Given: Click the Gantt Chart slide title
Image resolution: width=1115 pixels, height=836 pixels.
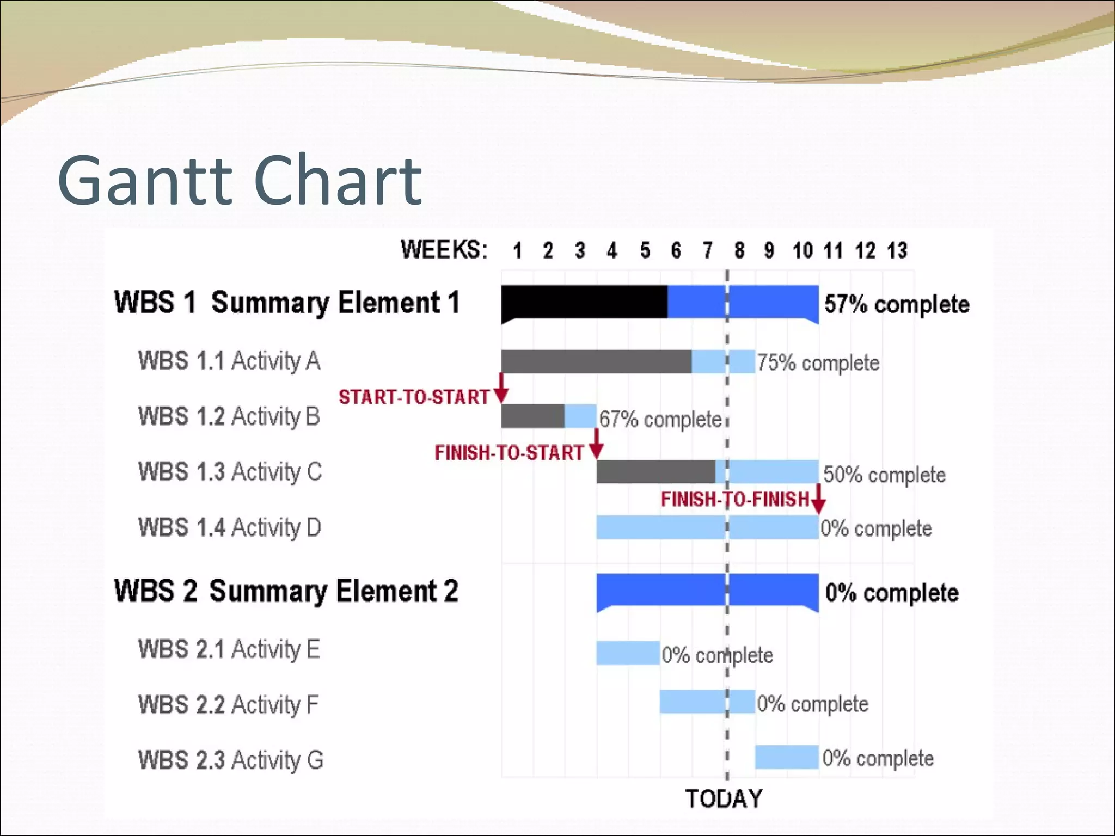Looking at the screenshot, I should click(x=240, y=181).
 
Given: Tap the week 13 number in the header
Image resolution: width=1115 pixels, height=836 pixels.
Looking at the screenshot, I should click(x=897, y=251).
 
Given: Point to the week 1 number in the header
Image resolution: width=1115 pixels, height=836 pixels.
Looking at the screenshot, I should click(x=517, y=251).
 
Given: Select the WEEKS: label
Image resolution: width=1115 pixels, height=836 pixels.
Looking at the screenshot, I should click(x=444, y=250).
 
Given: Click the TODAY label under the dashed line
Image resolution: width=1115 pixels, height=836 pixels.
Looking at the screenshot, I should click(x=724, y=798).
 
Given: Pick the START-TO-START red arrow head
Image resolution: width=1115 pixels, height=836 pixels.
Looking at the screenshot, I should click(x=501, y=395).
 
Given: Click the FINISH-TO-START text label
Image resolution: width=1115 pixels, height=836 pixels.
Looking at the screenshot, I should click(x=509, y=453).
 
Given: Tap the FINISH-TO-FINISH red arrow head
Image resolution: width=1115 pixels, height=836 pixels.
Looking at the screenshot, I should click(x=818, y=507).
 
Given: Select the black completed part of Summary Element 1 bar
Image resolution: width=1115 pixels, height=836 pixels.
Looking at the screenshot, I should click(x=584, y=302).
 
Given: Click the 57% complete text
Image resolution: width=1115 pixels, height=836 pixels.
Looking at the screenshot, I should click(x=897, y=304).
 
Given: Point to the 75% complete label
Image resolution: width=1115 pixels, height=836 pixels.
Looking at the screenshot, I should click(x=818, y=363).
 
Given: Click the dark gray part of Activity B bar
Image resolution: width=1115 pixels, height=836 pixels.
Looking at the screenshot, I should click(x=532, y=416).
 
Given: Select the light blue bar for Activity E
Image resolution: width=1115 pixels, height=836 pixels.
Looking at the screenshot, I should click(x=628, y=653).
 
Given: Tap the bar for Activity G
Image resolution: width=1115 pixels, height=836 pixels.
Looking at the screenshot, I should click(x=787, y=757).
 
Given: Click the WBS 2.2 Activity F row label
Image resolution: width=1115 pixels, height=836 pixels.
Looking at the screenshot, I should click(x=228, y=705).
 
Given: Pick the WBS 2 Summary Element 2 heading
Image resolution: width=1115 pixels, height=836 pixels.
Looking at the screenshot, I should click(x=286, y=592).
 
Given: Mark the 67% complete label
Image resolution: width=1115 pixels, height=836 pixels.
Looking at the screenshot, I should click(x=660, y=420).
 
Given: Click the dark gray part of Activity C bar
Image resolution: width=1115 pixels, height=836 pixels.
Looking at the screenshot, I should click(x=655, y=472).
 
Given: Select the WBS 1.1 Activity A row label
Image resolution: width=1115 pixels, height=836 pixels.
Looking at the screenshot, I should click(x=229, y=361).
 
